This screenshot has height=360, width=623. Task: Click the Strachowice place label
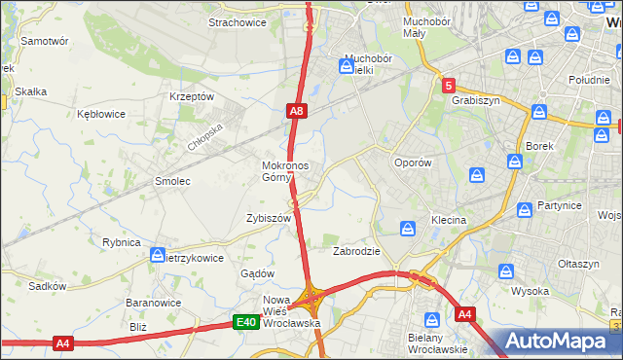(238, 20)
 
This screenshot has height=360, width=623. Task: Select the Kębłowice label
(101, 114)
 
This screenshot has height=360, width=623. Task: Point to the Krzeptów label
(191, 96)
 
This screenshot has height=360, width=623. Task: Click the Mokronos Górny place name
(285, 171)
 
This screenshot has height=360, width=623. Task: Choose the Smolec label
(172, 181)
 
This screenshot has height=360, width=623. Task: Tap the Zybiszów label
(269, 219)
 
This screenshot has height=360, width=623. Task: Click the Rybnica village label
(122, 242)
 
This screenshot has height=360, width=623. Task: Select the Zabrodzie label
(356, 251)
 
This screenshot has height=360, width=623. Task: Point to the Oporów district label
(412, 162)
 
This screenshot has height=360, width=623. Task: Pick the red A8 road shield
(298, 113)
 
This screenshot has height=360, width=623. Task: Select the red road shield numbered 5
(448, 86)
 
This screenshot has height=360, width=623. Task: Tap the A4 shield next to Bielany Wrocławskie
(465, 314)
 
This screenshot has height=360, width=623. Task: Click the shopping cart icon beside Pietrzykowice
(158, 255)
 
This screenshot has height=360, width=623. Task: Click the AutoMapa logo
(559, 342)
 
